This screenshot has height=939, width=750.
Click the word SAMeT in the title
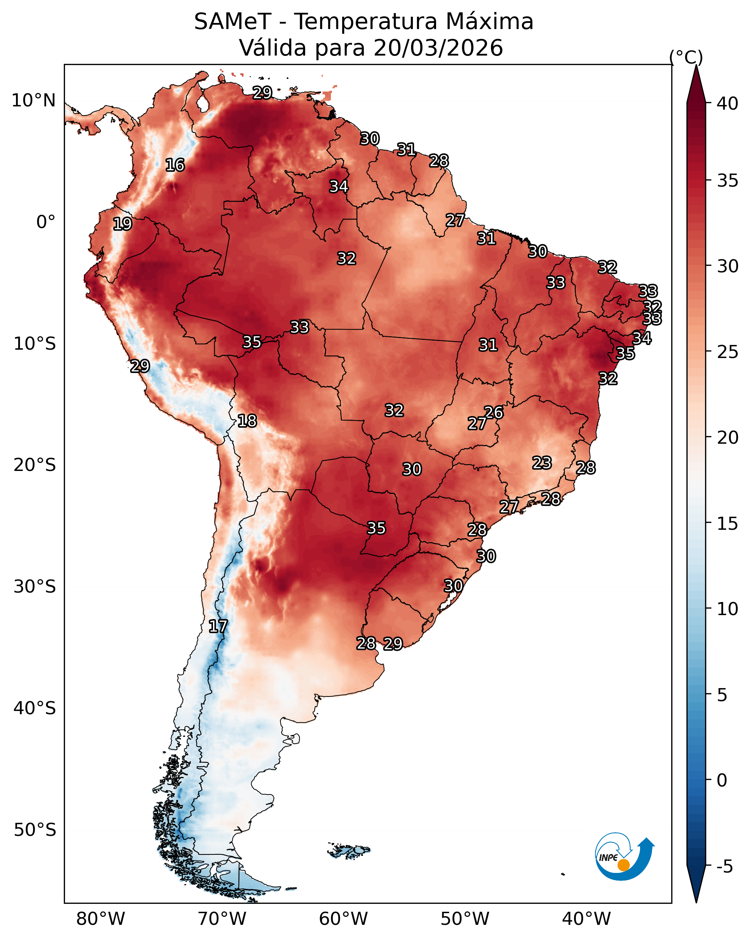coord(233,22)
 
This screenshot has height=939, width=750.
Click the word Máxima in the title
coord(490,22)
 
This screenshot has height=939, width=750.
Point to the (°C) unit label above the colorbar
coord(686,57)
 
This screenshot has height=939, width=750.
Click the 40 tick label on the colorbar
coord(728,103)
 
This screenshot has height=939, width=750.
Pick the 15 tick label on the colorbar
coord(728,524)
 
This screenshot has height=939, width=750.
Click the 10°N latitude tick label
coord(33,101)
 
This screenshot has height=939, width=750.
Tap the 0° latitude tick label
coord(46,222)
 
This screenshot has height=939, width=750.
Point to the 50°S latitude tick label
coord(35,830)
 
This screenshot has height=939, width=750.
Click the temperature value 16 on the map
coord(175,165)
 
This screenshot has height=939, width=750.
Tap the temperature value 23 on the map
coord(542,463)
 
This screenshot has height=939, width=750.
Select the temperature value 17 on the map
coord(218,626)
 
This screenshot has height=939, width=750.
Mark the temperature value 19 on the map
coord(122,224)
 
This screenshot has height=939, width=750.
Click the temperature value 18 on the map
coord(247,421)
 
